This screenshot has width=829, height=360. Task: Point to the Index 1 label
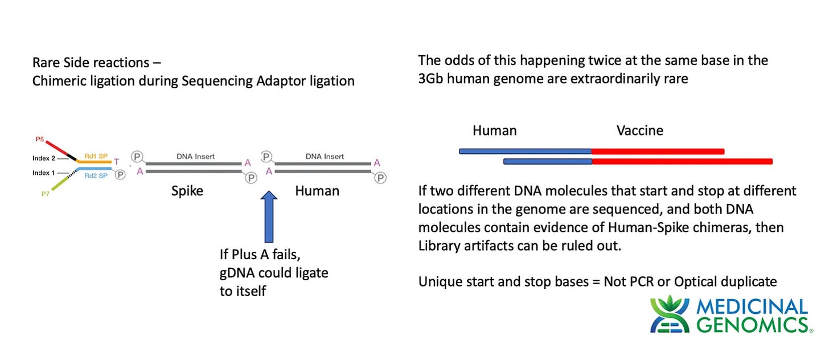coord(44,173)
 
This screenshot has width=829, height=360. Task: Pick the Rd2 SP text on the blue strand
coord(95,175)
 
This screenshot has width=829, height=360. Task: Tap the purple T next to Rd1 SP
coord(117,162)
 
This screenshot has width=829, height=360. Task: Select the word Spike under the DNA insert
coord(187,191)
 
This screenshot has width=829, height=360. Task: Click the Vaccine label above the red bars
coord(640,130)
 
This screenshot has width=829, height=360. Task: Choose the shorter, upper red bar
coord(658,152)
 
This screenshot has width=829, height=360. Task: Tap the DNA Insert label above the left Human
coord(325,157)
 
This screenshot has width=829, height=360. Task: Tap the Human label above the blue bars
coord(494,130)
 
